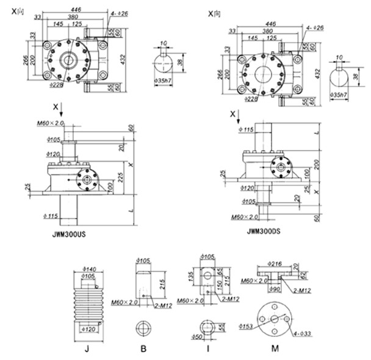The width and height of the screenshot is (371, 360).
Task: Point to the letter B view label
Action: point(143,350)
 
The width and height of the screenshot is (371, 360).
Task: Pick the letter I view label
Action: point(207,350)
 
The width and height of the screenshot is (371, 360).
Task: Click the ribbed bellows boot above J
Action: point(90,303)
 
